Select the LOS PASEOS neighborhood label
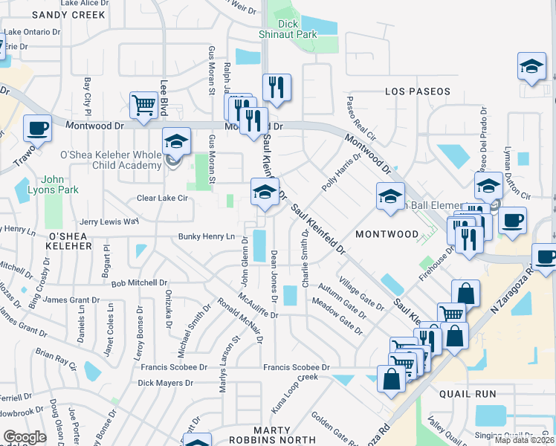click(x=418, y=91)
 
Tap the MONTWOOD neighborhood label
click(x=387, y=234)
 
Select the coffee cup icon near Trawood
click(x=37, y=129)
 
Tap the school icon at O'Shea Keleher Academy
click(x=177, y=141)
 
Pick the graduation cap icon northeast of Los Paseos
click(x=531, y=67)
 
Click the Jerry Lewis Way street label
click(x=109, y=222)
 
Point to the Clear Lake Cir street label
click(x=162, y=198)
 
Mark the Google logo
click(x=25, y=438)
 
